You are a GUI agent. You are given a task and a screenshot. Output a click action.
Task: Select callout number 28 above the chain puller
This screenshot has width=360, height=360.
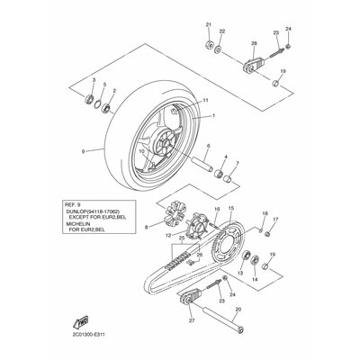point(255,43)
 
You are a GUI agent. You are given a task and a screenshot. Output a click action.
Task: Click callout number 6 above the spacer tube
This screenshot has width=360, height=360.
point(208,146)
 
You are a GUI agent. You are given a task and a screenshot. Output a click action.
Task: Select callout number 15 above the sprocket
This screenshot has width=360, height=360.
point(231,208)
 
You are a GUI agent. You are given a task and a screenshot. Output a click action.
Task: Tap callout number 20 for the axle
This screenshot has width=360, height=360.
point(238,309)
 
